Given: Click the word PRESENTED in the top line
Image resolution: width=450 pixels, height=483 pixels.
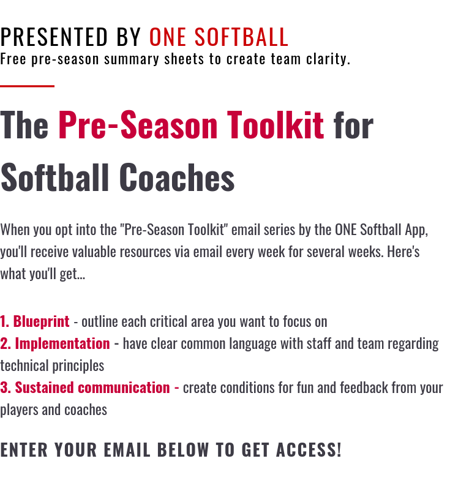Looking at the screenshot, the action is tap(54, 37).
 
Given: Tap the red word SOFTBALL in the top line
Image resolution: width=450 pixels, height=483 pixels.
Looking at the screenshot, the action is tap(241, 37).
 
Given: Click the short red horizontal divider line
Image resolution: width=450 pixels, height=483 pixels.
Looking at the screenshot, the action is tap(27, 86).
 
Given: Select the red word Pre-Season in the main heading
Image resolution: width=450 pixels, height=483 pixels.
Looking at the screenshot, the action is tap(138, 125).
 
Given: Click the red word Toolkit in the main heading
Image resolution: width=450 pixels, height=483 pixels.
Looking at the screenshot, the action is tap(276, 125).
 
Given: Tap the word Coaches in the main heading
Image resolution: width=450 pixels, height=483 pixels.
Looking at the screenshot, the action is tap(177, 178).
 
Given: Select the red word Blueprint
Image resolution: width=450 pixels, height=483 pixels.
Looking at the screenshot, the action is tap(41, 321).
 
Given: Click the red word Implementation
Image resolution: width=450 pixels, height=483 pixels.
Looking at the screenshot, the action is tap(62, 344).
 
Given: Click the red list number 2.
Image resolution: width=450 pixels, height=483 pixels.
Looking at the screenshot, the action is tap(6, 344).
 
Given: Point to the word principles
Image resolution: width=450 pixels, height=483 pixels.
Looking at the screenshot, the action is tap(78, 366).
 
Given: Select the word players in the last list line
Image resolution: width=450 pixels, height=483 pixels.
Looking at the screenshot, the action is tap(19, 410).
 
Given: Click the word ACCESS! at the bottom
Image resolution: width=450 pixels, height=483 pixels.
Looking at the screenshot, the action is tap(309, 450).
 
